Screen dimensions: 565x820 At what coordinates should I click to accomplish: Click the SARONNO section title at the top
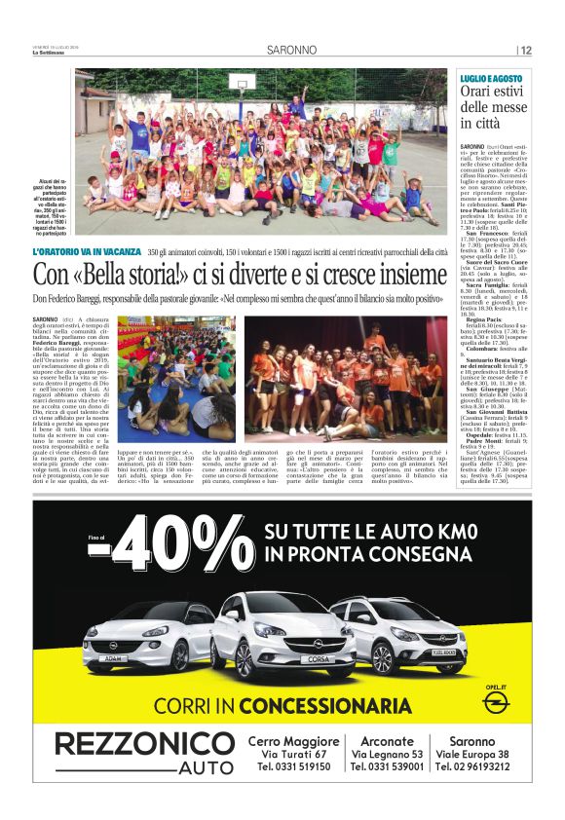pos(292,50)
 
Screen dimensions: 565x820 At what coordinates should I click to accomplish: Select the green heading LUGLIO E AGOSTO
pos(492,78)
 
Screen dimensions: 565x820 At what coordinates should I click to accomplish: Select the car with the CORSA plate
pos(283,633)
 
